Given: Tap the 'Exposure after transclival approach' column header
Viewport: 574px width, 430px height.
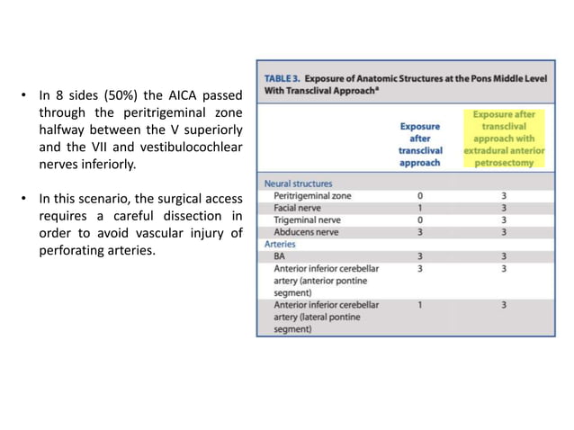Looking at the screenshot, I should pyautogui.click(x=419, y=145).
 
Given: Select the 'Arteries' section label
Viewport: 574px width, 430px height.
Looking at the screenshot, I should pyautogui.click(x=279, y=243).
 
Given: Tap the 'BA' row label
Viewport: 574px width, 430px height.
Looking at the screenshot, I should pyautogui.click(x=279, y=255).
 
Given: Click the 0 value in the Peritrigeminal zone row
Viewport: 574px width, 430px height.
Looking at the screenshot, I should pyautogui.click(x=420, y=195).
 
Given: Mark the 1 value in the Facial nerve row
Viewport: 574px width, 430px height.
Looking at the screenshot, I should pyautogui.click(x=420, y=207).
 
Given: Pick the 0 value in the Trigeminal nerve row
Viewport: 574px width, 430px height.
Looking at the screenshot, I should pyautogui.click(x=420, y=219).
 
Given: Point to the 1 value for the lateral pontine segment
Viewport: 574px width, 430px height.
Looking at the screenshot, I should pyautogui.click(x=420, y=305).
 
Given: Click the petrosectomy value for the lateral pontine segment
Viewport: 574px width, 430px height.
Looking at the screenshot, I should pyautogui.click(x=504, y=305).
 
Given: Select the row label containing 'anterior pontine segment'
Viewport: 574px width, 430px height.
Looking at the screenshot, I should pyautogui.click(x=324, y=280).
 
